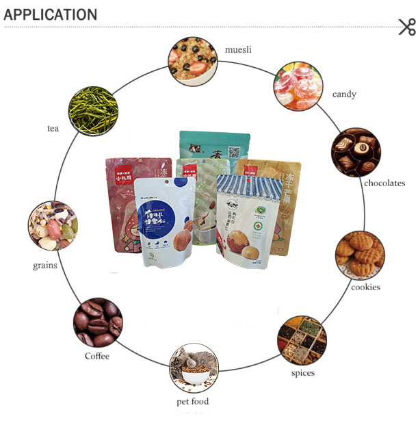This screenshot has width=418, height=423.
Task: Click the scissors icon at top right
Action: pyautogui.click(x=406, y=27)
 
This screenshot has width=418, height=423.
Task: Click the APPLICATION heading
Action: pyautogui.click(x=51, y=14)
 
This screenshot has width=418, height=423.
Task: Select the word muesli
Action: pyautogui.click(x=239, y=49)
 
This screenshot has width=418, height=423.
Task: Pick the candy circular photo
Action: pyautogui.click(x=298, y=87)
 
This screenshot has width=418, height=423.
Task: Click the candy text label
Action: pyautogui.click(x=344, y=94)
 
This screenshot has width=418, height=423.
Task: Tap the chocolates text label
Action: pyautogui.click(x=384, y=183)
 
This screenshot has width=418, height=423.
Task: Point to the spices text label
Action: pyautogui.click(x=302, y=372)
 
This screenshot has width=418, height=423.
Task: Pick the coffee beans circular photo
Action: pyautogui.click(x=98, y=322)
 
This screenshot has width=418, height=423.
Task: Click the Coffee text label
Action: pyautogui.click(x=97, y=356)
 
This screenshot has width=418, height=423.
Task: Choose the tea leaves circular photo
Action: pyautogui.click(x=93, y=110)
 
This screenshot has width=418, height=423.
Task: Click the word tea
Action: pyautogui.click(x=53, y=128)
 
